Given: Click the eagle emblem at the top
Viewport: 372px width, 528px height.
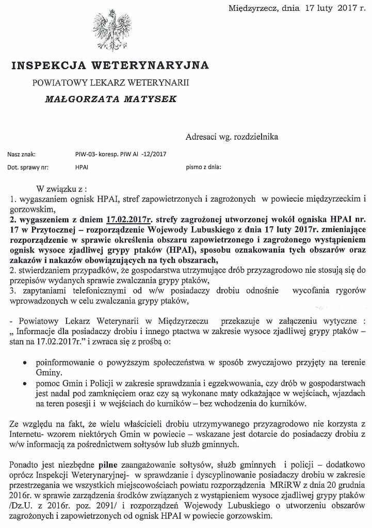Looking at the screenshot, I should pyautogui.click(x=111, y=30).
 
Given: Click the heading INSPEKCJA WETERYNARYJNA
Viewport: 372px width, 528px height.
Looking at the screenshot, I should pyautogui.click(x=110, y=65).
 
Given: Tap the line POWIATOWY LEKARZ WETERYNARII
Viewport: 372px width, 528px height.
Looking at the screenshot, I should pyautogui.click(x=110, y=82).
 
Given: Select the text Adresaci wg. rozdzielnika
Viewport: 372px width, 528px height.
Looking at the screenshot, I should pyautogui.click(x=232, y=137).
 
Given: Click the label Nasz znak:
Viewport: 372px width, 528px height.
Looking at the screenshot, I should pyautogui.click(x=22, y=154).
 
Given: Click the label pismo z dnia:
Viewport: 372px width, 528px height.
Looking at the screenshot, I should pyautogui.click(x=203, y=168).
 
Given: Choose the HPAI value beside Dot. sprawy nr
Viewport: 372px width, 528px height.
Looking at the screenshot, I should pyautogui.click(x=82, y=168).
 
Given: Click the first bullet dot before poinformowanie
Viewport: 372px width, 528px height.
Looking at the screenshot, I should pyautogui.click(x=25, y=363).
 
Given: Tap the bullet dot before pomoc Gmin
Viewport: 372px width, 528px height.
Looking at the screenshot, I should pyautogui.click(x=25, y=384).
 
